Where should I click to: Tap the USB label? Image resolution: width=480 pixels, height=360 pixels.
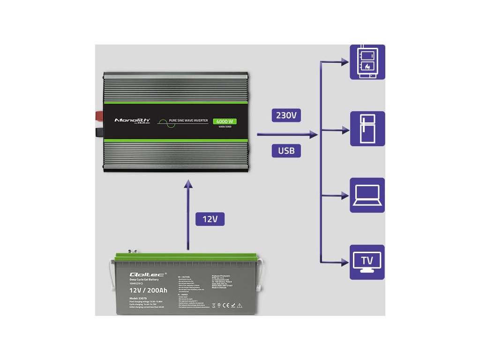286,150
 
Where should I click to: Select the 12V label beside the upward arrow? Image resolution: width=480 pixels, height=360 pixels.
210,219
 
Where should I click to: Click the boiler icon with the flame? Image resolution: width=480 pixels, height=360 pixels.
367,61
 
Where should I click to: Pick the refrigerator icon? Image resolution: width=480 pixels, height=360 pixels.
367,128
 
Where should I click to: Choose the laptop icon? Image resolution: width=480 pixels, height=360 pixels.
367,195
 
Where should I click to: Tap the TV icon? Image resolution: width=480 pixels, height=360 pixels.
367,262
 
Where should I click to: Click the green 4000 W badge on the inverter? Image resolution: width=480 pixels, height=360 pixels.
225,122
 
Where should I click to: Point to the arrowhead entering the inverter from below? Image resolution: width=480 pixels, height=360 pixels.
188,183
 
